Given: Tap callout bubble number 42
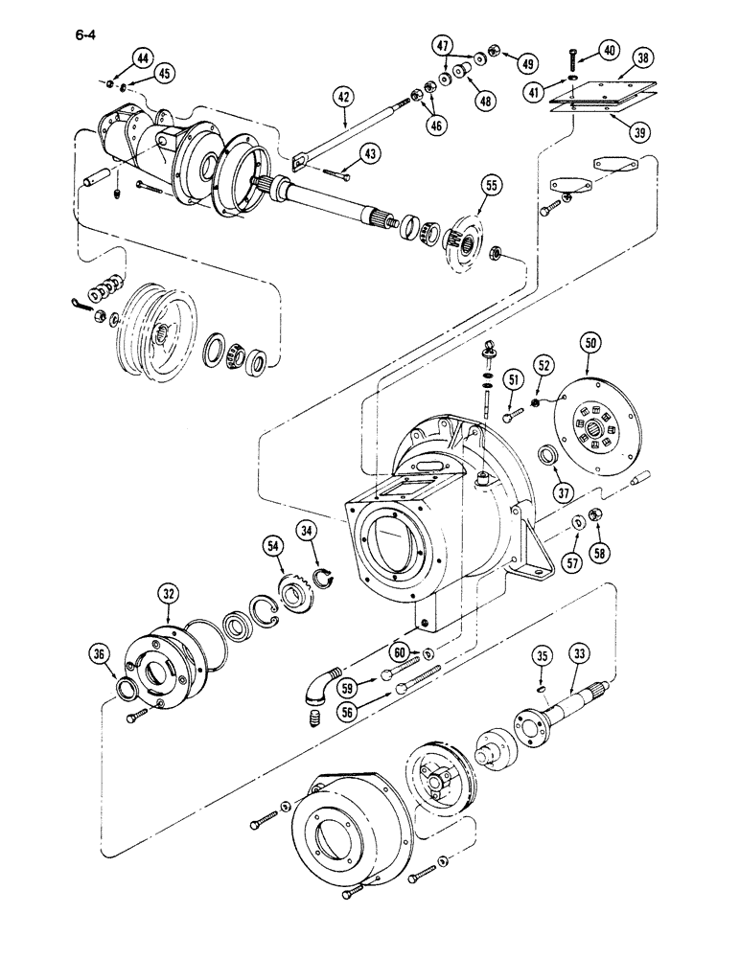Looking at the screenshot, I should [345, 96].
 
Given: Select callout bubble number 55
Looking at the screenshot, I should [490, 186].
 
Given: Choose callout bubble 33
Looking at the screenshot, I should [578, 655].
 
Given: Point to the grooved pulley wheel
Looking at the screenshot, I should [154, 331].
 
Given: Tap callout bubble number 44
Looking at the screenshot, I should [142, 58].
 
